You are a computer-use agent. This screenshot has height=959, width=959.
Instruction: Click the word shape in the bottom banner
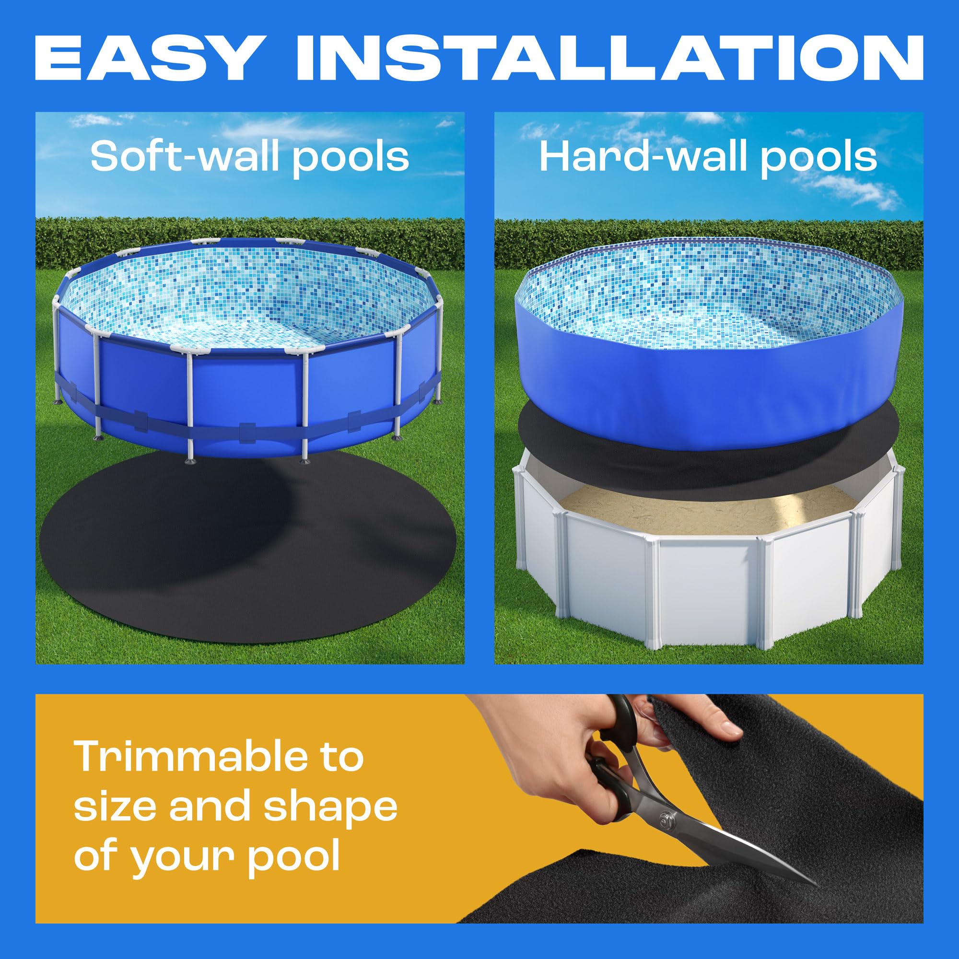click(330, 807)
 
